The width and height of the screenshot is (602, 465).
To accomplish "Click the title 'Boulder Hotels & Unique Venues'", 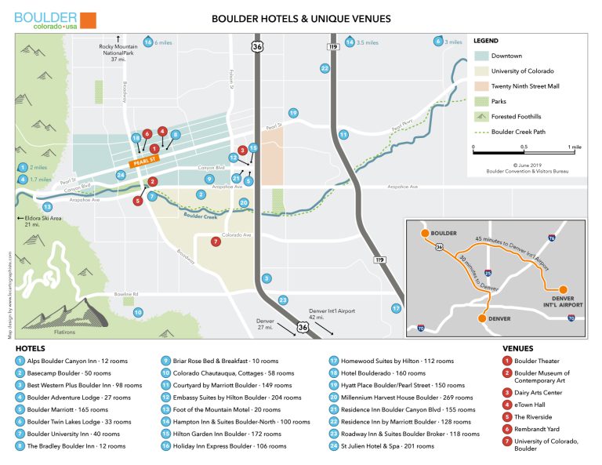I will pyautogui.click(x=302, y=18).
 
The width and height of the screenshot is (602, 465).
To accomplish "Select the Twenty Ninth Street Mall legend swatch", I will pyautogui.click(x=481, y=85).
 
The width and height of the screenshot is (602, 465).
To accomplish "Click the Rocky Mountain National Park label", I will pyautogui.click(x=118, y=52).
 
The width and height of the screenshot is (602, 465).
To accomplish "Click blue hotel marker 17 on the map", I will pyautogui.click(x=397, y=308).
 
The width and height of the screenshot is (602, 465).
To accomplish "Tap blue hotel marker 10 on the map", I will pyautogui.click(x=138, y=312).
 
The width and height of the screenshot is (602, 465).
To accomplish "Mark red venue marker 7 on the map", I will pyautogui.click(x=216, y=242).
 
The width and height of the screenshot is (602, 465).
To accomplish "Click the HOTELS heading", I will pyautogui.click(x=30, y=347).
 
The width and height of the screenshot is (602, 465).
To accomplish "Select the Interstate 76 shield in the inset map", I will pyautogui.click(x=552, y=237).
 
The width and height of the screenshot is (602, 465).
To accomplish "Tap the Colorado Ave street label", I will pyautogui.click(x=236, y=235).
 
